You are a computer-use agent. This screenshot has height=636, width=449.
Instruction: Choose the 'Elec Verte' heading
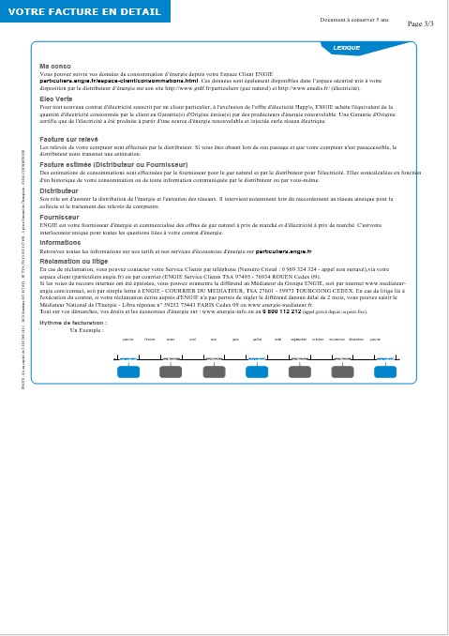pyautogui.click(x=56, y=98)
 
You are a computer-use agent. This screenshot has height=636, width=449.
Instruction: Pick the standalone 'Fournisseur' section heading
pyautogui.click(x=60, y=216)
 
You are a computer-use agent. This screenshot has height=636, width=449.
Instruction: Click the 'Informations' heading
pyautogui.click(x=60, y=242)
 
